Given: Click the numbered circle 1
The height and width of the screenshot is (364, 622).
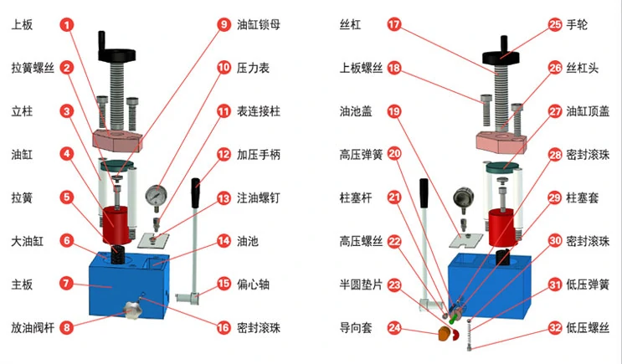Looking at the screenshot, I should tap(67, 26).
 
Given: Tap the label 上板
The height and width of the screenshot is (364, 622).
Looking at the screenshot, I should tap(23, 26).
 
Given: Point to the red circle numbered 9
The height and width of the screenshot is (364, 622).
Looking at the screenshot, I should tap(224, 25).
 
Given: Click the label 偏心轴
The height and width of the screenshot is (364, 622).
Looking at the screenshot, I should tap(254, 284).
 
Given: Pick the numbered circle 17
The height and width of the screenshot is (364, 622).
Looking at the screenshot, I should tap(394, 25).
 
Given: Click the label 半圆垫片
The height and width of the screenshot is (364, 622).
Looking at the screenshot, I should tap(361, 285).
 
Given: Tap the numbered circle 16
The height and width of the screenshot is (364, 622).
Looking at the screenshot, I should tap(224, 327).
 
